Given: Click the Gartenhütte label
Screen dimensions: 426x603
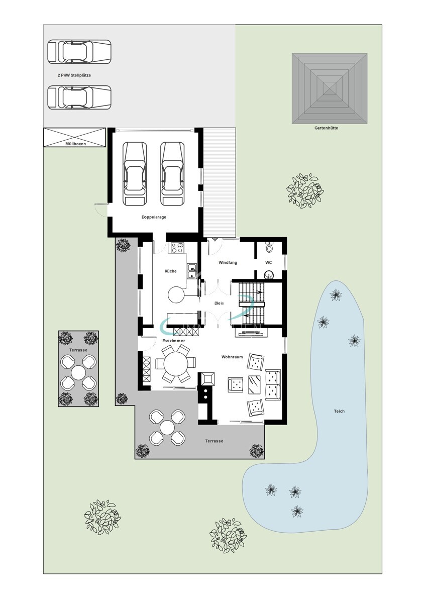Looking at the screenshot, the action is click(x=326, y=128).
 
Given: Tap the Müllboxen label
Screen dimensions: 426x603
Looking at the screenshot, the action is click(x=76, y=144).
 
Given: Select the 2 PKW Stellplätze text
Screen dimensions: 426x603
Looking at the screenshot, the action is click(x=74, y=75).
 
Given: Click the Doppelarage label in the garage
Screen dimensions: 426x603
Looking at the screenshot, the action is click(x=154, y=217).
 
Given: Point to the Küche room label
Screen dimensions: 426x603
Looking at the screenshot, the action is click(x=171, y=271).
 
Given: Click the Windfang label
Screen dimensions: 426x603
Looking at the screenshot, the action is click(x=228, y=262).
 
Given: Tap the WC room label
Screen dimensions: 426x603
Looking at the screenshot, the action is click(x=268, y=262).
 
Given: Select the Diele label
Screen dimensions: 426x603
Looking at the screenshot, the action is click(x=219, y=303).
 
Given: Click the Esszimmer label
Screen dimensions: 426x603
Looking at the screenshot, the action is click(x=174, y=341).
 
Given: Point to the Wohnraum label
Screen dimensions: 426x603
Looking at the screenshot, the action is click(x=232, y=357).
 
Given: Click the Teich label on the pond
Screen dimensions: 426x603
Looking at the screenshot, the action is click(x=339, y=411).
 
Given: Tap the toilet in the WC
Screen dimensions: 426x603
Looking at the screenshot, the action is click(x=269, y=247).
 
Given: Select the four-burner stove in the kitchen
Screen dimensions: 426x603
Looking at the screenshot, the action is click(x=177, y=247).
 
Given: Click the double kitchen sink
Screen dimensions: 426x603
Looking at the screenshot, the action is click(x=192, y=271).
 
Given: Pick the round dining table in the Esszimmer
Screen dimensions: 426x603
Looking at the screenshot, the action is click(x=176, y=364).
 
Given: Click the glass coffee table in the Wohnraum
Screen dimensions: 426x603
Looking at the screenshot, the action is click(x=254, y=385).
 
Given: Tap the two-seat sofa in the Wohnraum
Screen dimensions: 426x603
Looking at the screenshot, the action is click(x=273, y=385).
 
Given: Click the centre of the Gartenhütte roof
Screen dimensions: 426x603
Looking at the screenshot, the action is click(x=330, y=88).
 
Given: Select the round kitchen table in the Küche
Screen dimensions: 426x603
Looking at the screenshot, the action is click(x=176, y=295).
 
